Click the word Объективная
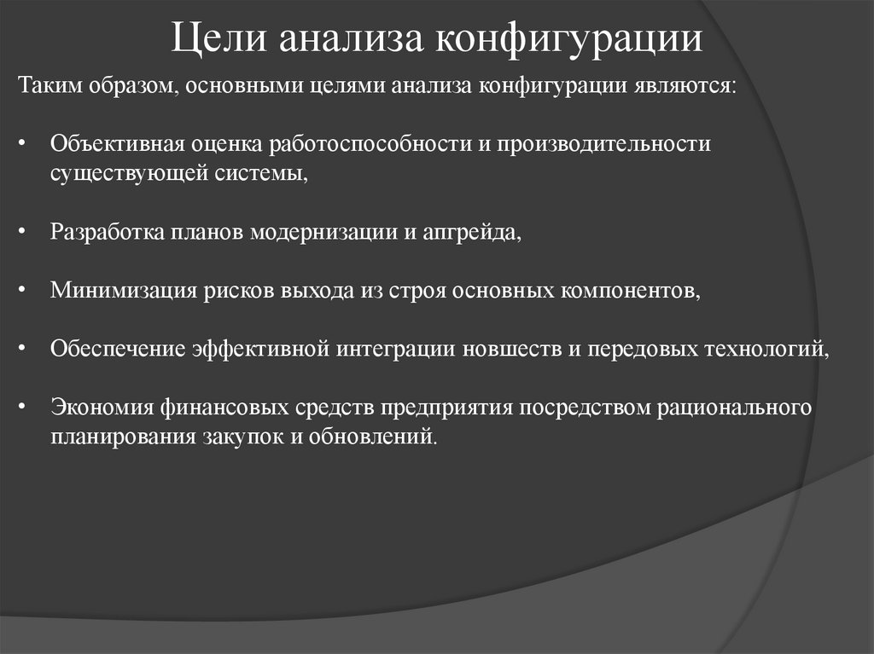(110, 143)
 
